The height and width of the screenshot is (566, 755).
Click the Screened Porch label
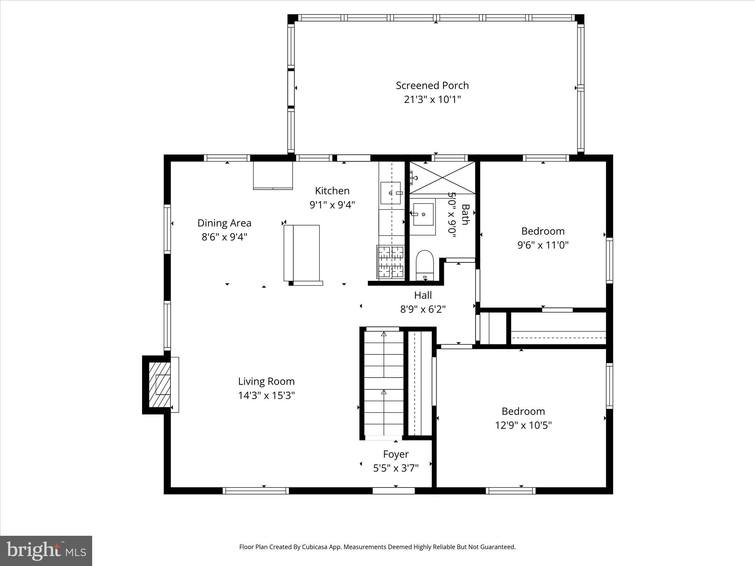pyautogui.click(x=432, y=85)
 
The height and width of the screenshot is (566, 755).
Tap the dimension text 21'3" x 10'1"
pyautogui.click(x=432, y=99)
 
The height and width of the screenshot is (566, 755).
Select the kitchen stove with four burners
pyautogui.click(x=391, y=261)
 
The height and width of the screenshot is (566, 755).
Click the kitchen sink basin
pyautogui.click(x=390, y=193)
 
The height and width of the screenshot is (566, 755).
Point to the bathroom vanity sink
pyautogui.click(x=423, y=214)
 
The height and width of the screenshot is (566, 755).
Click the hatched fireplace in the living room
pyautogui.click(x=160, y=385)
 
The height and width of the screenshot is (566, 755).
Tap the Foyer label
pyautogui.click(x=396, y=454)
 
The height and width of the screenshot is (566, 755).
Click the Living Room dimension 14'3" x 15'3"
pyautogui.click(x=266, y=395)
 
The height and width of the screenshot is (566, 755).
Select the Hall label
pyautogui.click(x=423, y=295)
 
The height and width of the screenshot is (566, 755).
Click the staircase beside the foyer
pyautogui.click(x=384, y=383)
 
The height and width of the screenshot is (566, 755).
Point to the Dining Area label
pyautogui.click(x=224, y=223)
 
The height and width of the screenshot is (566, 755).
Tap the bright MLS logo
pyautogui.click(x=46, y=551)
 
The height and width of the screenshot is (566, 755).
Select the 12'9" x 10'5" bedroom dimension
pyautogui.click(x=523, y=425)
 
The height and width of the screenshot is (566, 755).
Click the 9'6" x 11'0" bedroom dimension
pyautogui.click(x=543, y=245)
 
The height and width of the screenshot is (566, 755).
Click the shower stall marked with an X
pyautogui.click(x=442, y=178)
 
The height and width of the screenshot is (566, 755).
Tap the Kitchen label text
pyautogui.click(x=332, y=191)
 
